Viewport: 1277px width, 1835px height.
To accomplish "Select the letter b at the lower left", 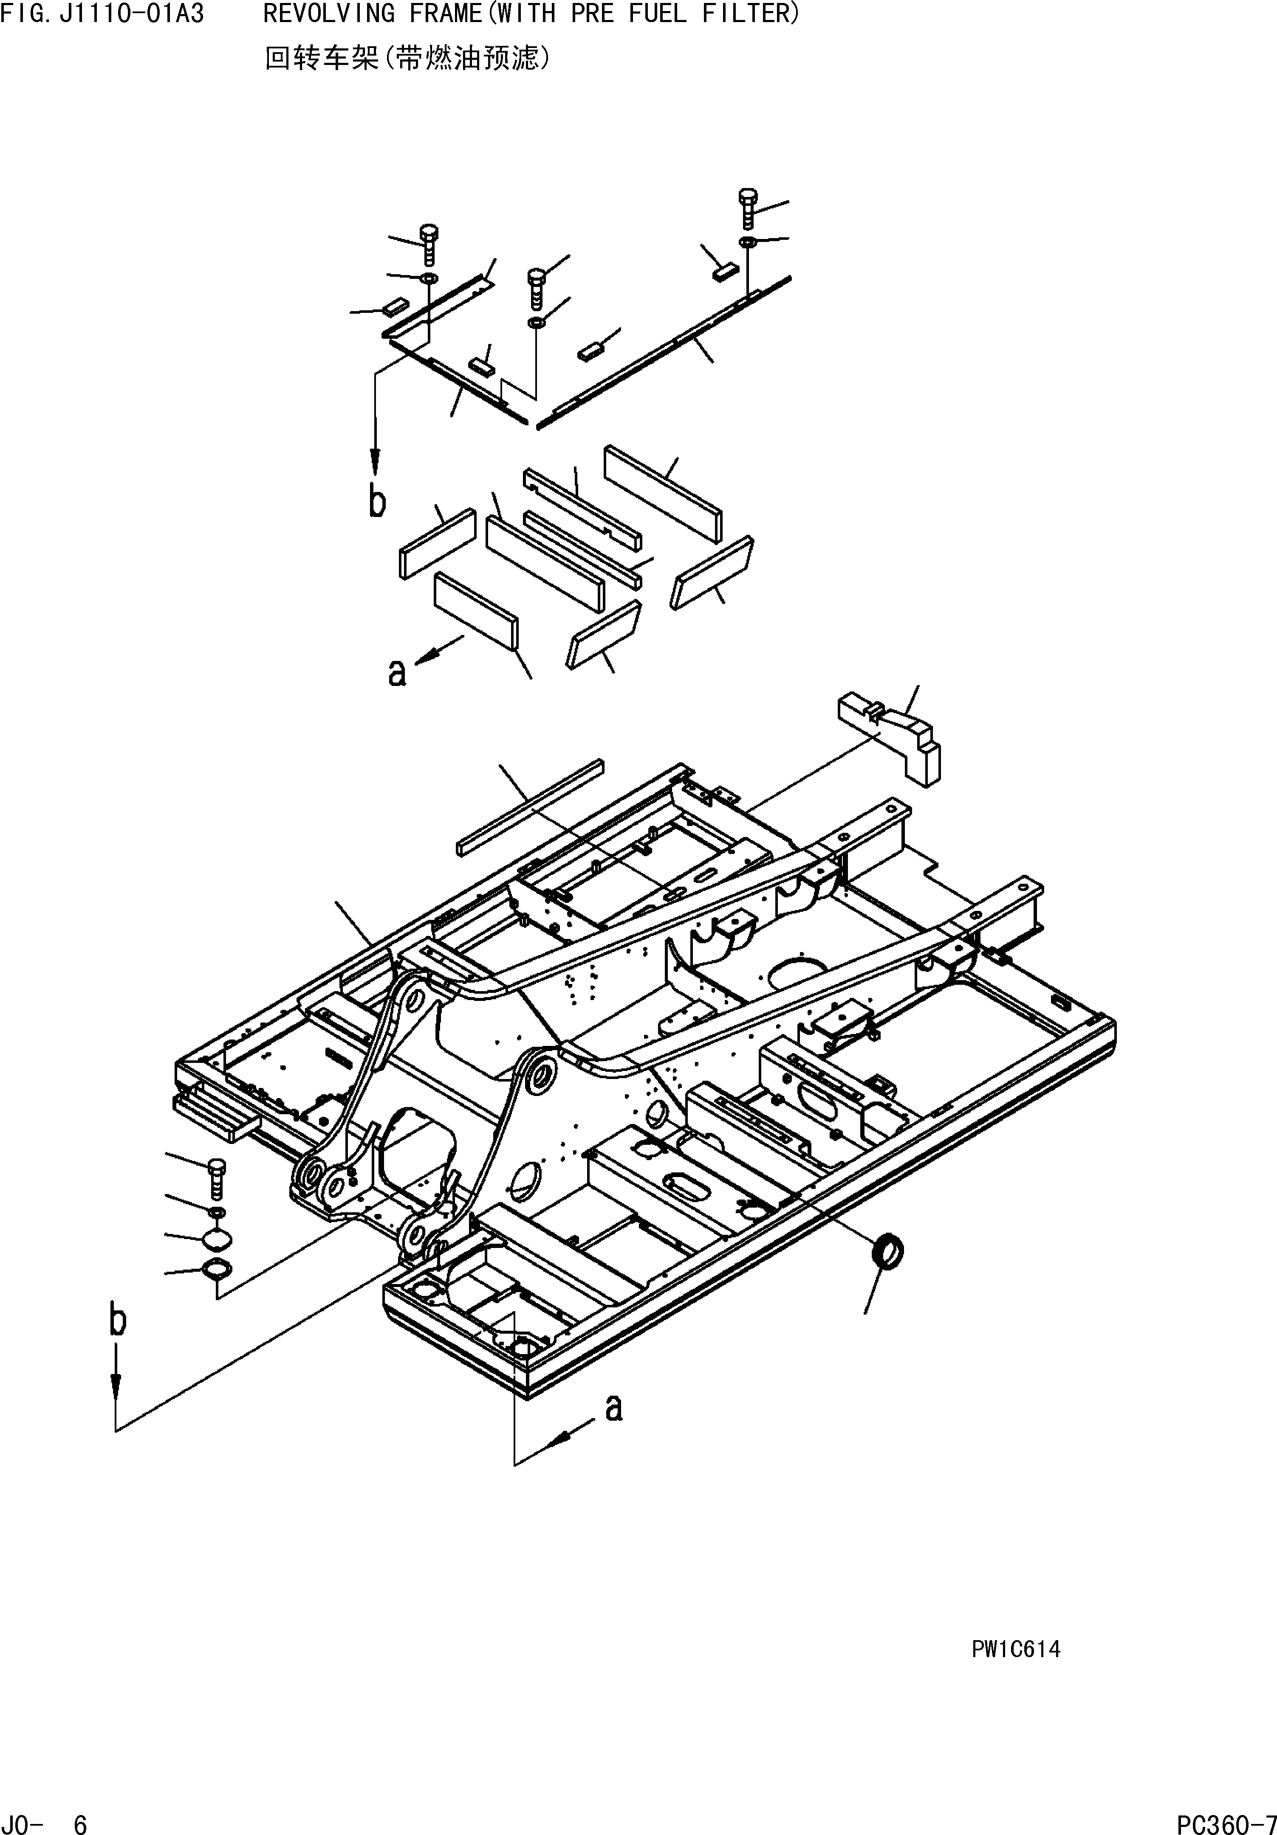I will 118,1320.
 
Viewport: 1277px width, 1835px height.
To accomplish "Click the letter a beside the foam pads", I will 397,672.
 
